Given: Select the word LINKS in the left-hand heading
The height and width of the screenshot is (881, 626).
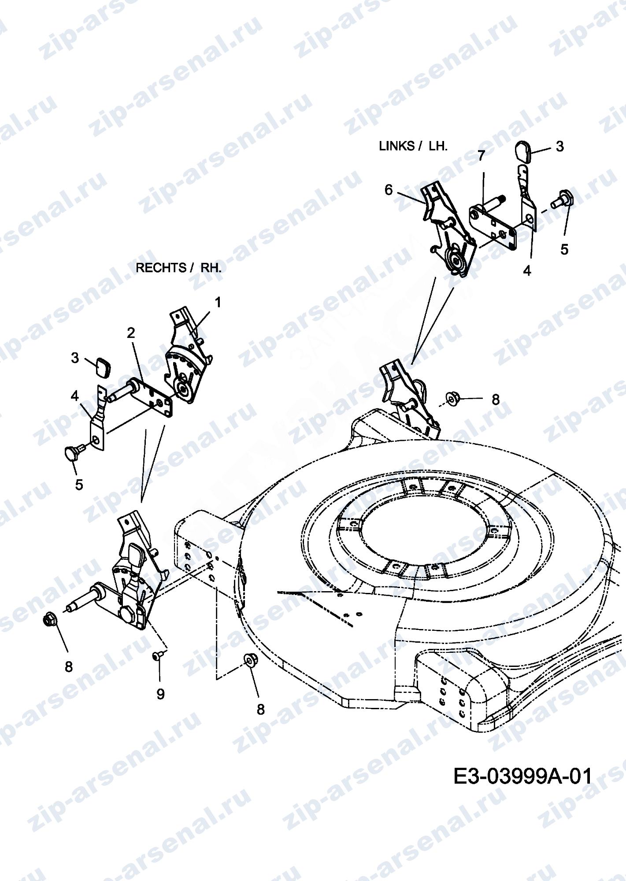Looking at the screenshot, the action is [x=396, y=146].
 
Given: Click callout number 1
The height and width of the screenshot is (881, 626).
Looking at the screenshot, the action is [x=218, y=302].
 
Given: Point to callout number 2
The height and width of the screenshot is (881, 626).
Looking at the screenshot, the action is [x=131, y=333].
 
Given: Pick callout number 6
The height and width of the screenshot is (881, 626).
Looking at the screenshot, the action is [x=388, y=190].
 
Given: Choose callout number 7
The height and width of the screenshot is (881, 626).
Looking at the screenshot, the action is [x=481, y=155].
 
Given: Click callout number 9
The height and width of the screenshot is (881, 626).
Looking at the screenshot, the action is [x=160, y=694].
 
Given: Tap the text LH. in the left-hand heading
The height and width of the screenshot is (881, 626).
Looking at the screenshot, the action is [x=438, y=146].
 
